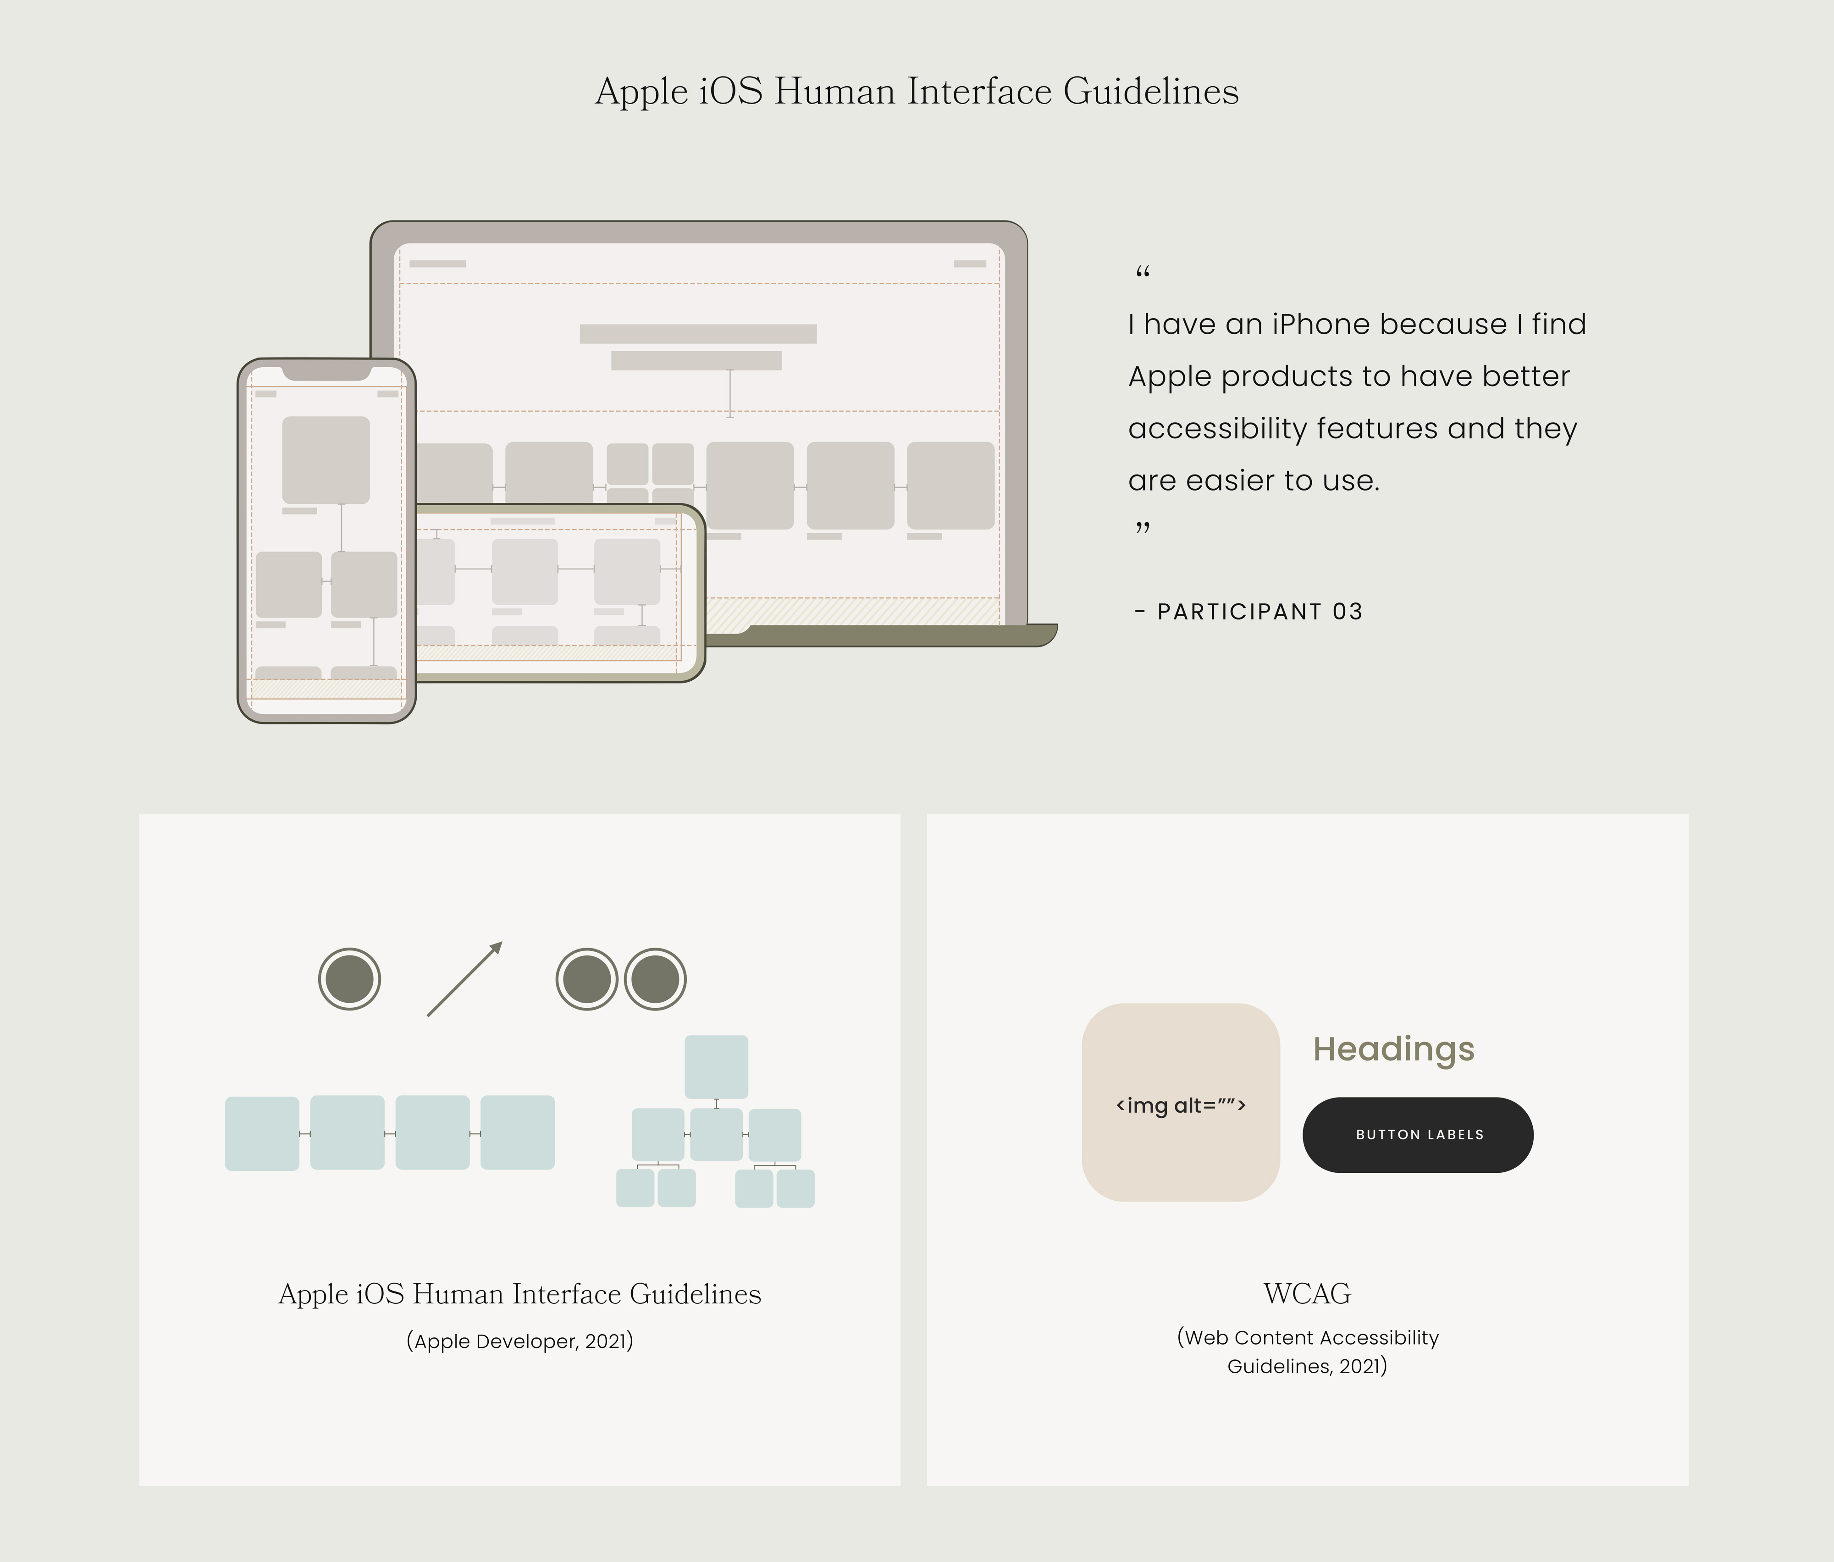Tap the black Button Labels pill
click(1418, 1135)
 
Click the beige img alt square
click(1181, 1103)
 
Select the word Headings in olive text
click(1394, 1049)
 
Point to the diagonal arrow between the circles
click(465, 979)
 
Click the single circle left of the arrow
click(350, 979)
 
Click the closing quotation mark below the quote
click(1143, 528)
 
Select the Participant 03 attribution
click(1249, 612)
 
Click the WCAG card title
click(1307, 1294)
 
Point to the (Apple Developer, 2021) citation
click(519, 1341)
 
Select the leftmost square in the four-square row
click(262, 1134)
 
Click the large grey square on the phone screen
click(326, 460)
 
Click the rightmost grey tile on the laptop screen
click(950, 486)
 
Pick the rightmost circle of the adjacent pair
click(655, 979)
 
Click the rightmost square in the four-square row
click(518, 1133)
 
